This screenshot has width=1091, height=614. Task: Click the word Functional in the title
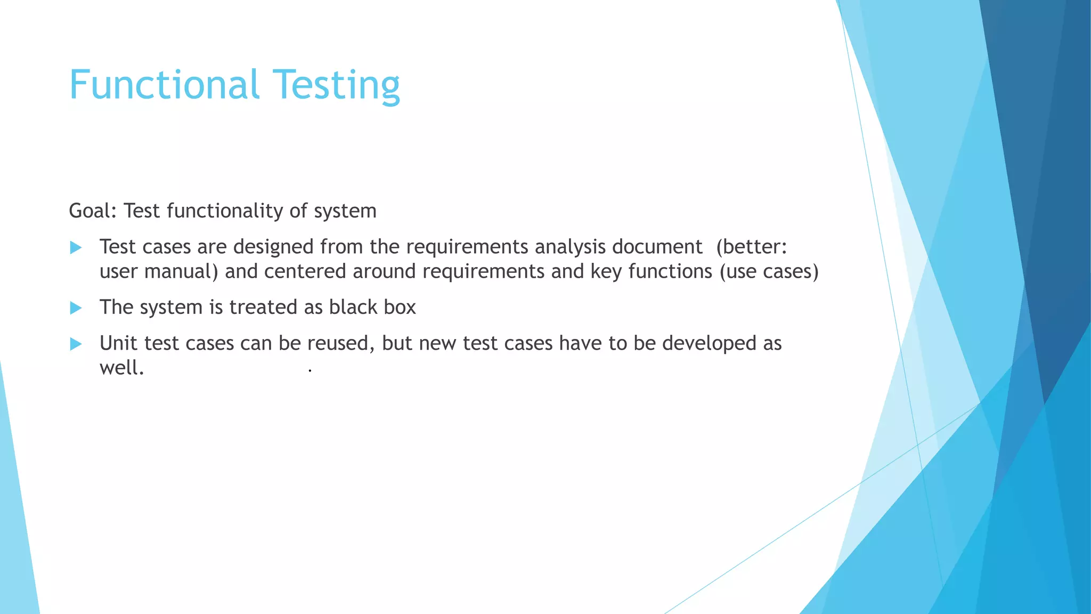click(164, 85)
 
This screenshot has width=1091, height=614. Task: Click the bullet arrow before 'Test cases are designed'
click(76, 247)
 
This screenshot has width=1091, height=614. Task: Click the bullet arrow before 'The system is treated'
click(76, 308)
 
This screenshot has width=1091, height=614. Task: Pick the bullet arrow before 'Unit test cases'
click(76, 344)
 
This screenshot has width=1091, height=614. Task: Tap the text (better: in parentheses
click(751, 247)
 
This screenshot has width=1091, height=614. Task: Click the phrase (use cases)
click(769, 272)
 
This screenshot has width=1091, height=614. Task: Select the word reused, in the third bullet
click(341, 344)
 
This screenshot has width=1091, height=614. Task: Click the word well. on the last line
click(121, 368)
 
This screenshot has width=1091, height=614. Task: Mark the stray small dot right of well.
click(310, 370)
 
